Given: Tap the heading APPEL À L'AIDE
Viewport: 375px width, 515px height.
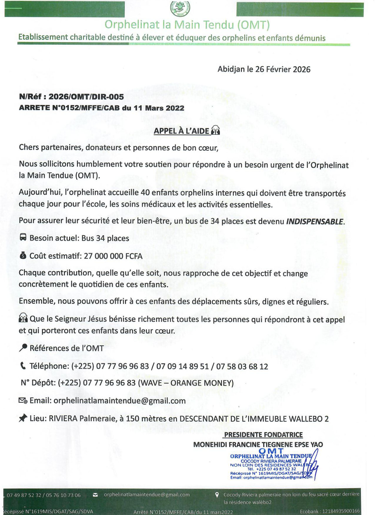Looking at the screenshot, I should point(181,131).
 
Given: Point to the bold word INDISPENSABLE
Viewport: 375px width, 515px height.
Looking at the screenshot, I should point(314,222).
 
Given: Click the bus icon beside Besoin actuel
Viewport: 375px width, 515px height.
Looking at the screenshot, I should point(23,237).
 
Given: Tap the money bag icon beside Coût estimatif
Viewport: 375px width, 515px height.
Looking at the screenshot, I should point(23,255).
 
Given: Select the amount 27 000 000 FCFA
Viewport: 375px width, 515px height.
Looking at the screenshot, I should point(113,256).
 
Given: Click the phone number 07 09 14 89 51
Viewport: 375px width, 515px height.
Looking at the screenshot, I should point(182,366).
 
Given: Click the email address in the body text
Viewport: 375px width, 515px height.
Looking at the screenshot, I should point(119,401).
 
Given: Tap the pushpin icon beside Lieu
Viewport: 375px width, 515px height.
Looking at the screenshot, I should point(23,418).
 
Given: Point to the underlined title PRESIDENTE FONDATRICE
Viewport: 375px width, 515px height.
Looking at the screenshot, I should point(263,435).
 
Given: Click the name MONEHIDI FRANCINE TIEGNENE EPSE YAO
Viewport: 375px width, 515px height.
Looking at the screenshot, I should point(258,444).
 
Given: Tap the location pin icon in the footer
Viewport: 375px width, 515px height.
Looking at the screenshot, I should point(217,495).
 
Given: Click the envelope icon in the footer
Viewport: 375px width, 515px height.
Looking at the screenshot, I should point(95,495).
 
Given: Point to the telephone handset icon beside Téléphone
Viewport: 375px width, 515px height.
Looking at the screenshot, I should point(23,365).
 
